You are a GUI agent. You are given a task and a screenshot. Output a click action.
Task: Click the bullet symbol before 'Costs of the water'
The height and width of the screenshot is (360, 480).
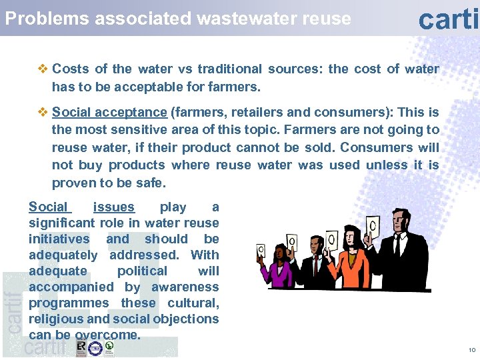[43, 69]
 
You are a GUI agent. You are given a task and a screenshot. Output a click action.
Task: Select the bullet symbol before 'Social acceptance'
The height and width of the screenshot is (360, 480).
[43, 112]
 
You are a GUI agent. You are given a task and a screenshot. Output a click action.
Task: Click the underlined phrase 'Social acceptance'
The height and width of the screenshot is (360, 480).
[109, 112]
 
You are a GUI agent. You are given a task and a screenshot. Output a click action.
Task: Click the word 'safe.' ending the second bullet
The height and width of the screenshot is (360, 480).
[148, 183]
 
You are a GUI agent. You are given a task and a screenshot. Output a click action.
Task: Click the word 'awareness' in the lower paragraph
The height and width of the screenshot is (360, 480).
[185, 287]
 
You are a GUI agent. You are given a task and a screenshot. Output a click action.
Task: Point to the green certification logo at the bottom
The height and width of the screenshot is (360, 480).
[109, 347]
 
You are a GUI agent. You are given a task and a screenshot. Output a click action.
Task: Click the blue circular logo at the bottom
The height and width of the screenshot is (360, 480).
[95, 348]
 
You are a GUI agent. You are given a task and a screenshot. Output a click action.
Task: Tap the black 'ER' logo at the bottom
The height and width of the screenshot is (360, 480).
[81, 347]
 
